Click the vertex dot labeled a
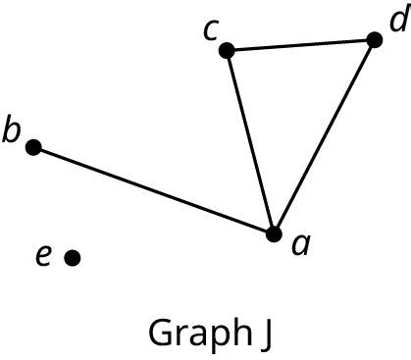pyautogui.click(x=275, y=233)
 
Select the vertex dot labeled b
pyautogui.click(x=33, y=147)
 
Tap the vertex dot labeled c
pyautogui.click(x=227, y=50)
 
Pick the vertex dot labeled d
pyautogui.click(x=374, y=40)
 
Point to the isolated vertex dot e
pyautogui.click(x=72, y=257)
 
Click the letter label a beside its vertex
pyautogui.click(x=302, y=243)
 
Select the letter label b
pyautogui.click(x=11, y=130)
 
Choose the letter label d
pyautogui.click(x=395, y=20)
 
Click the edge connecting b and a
pyautogui.click(x=154, y=190)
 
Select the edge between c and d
pyautogui.click(x=300, y=45)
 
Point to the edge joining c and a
pyautogui.click(x=250, y=141)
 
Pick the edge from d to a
pyautogui.click(x=325, y=136)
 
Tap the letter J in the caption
pyautogui.click(x=266, y=334)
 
